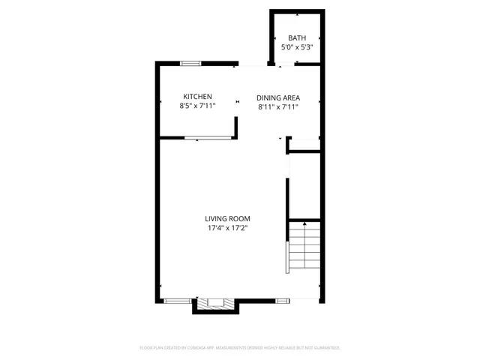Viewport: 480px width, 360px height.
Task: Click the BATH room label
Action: click(297, 38)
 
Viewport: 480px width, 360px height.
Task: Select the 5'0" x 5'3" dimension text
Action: click(297, 47)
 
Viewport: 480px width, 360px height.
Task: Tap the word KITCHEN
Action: click(198, 97)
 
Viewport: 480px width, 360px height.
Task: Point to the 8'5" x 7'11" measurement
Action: click(198, 106)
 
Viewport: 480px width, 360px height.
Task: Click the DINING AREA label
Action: click(277, 97)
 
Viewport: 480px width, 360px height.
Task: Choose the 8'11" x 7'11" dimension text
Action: click(277, 107)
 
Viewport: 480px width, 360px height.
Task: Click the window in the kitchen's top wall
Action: click(190, 64)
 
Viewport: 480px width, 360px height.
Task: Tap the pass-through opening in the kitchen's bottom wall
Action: click(208, 138)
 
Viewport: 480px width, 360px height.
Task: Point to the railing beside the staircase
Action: click(286, 257)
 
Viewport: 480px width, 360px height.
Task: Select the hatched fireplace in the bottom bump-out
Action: click(216, 304)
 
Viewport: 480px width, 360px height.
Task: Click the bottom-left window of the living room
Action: click(177, 301)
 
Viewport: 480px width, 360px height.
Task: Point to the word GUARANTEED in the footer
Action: click(323, 348)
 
